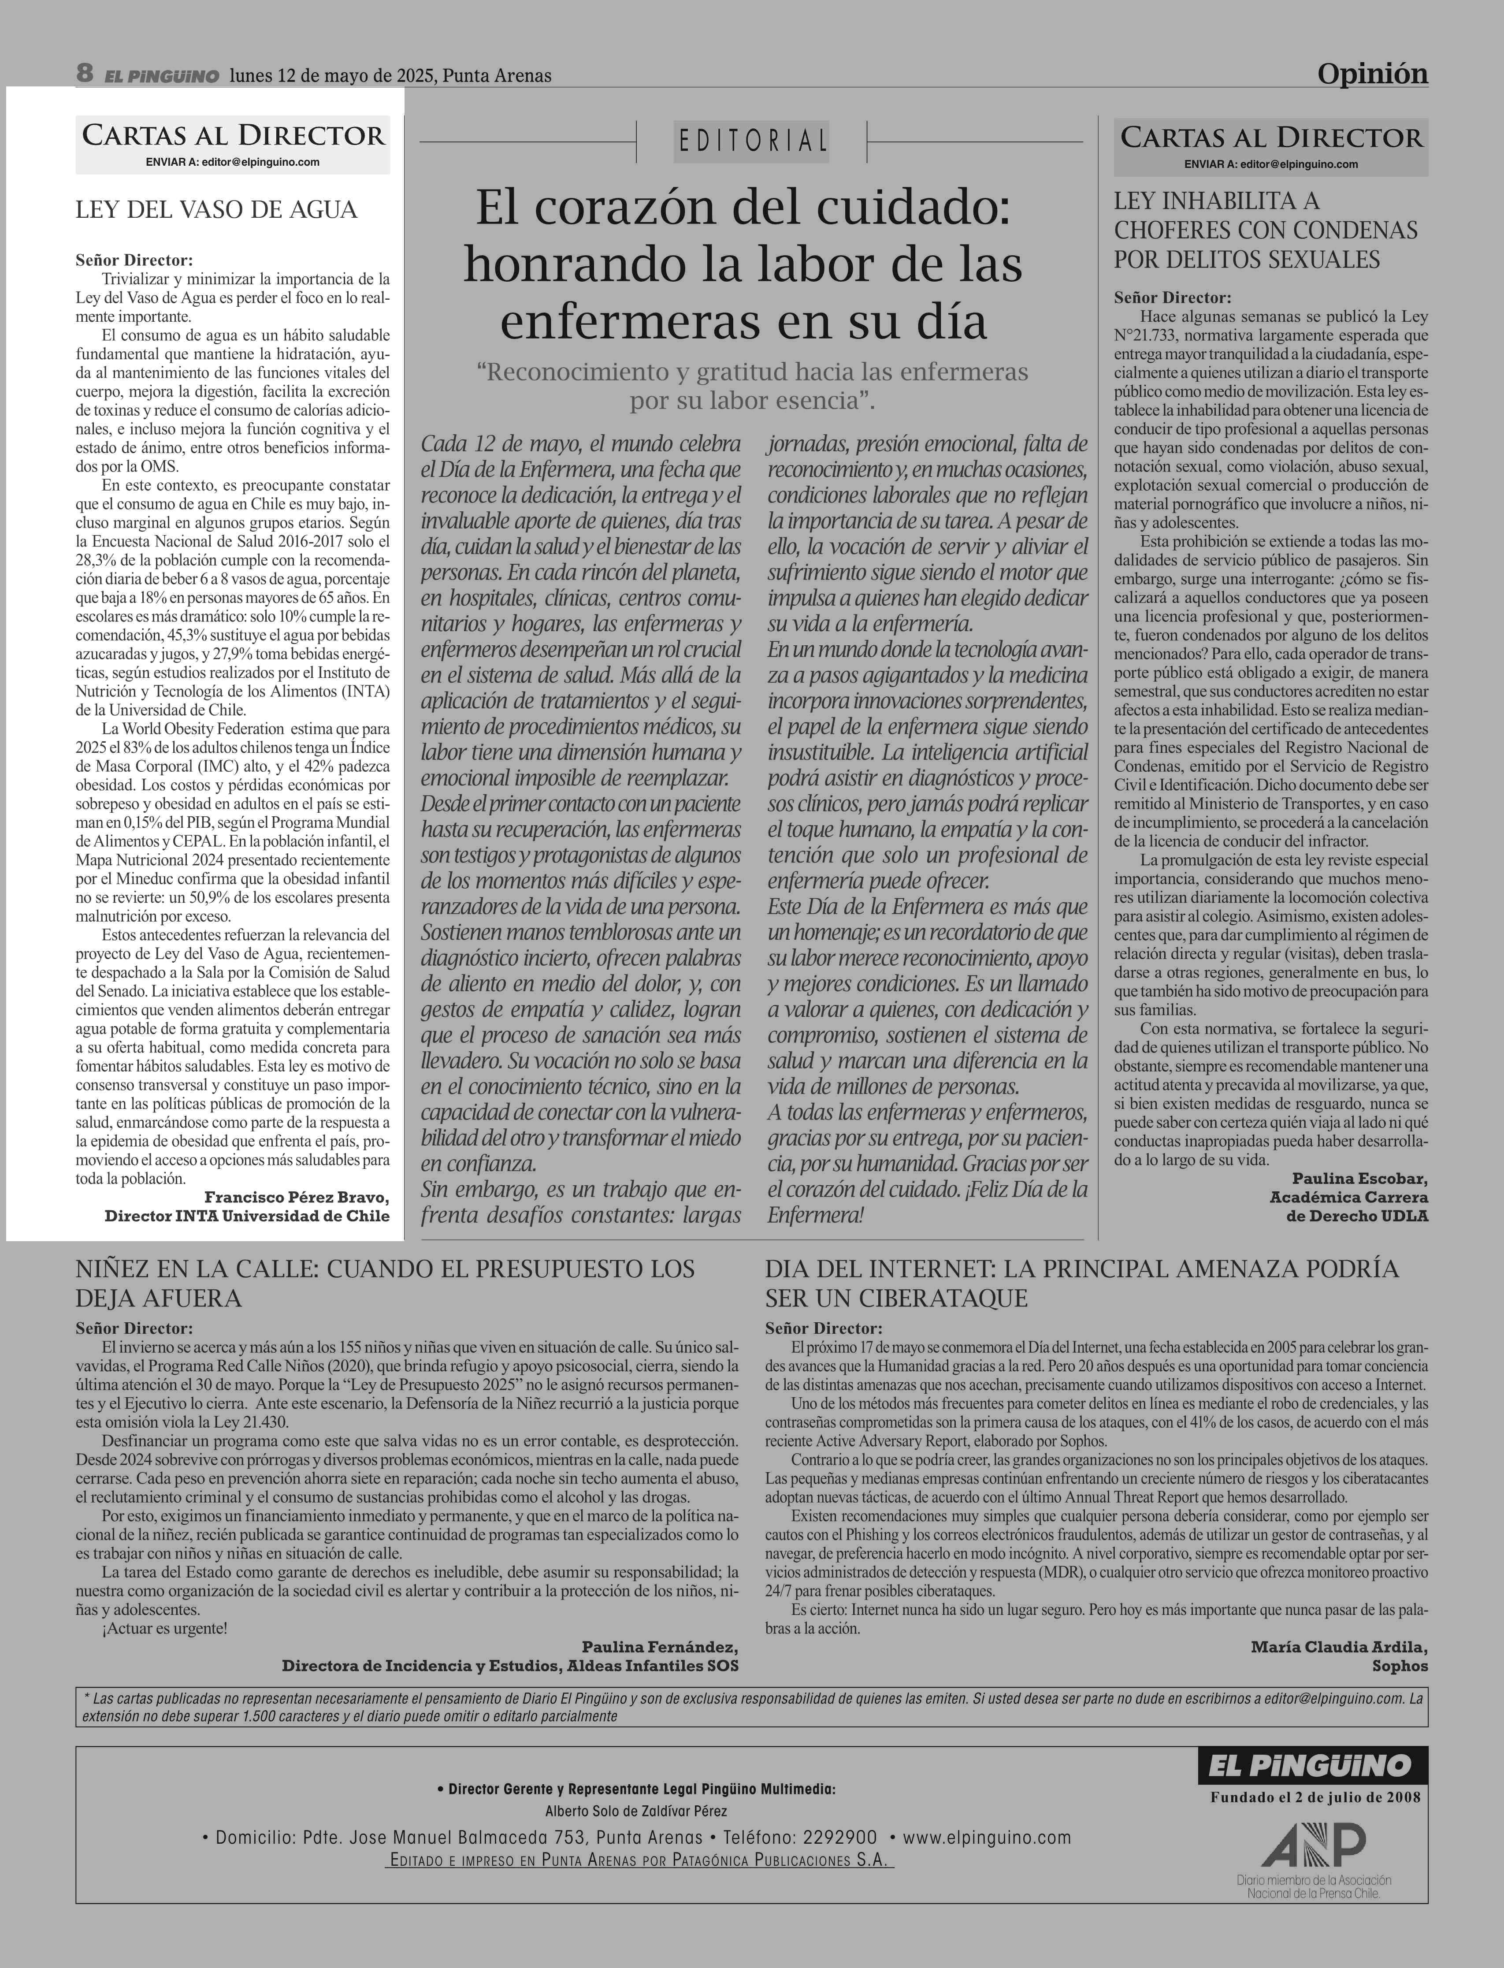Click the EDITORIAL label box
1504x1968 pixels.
point(751,141)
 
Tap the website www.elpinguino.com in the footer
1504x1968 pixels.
point(987,1837)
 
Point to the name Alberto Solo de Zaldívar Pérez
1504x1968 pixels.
point(635,1810)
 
